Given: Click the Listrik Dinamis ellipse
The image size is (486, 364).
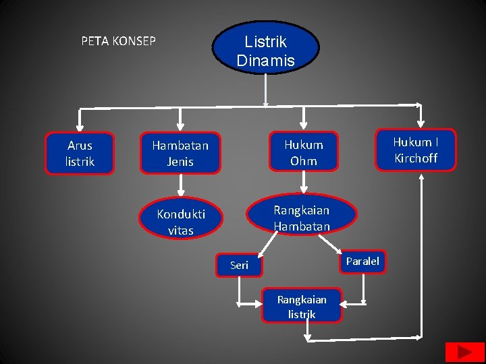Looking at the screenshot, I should (265, 47).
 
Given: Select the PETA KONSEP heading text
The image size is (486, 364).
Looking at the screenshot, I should (118, 41).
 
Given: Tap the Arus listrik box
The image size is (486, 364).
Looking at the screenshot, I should (80, 154).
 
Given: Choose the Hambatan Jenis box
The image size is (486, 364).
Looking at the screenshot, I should (180, 153).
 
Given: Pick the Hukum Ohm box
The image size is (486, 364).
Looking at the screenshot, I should (303, 152).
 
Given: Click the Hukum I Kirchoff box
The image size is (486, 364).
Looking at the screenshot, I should (415, 150).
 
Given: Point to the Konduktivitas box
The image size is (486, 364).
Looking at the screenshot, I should (180, 222).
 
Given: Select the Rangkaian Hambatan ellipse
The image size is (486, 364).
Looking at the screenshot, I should (301, 218).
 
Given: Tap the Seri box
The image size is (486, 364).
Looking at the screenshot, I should (239, 265).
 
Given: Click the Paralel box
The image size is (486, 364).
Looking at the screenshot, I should (362, 261).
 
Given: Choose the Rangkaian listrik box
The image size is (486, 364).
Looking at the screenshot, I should (302, 306).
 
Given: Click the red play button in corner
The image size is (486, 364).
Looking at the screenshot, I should (464, 353).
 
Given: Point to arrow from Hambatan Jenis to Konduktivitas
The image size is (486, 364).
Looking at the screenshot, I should (180, 185).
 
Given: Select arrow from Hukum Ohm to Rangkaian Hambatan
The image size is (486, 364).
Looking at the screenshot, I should (304, 182).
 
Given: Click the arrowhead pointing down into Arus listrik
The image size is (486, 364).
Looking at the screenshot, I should (80, 127).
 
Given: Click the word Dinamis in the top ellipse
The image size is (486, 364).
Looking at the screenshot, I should (265, 61).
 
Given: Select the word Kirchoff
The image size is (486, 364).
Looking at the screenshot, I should (416, 158).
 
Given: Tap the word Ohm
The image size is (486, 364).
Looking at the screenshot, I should (304, 161).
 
